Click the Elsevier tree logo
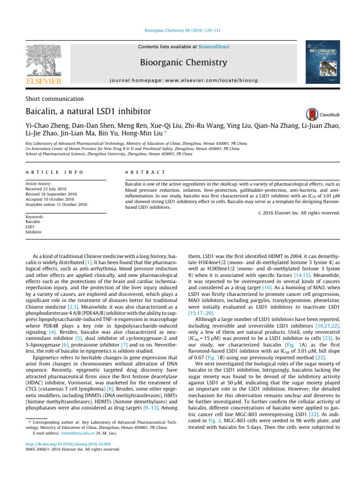click(x=43, y=62)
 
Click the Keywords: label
click(x=36, y=217)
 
